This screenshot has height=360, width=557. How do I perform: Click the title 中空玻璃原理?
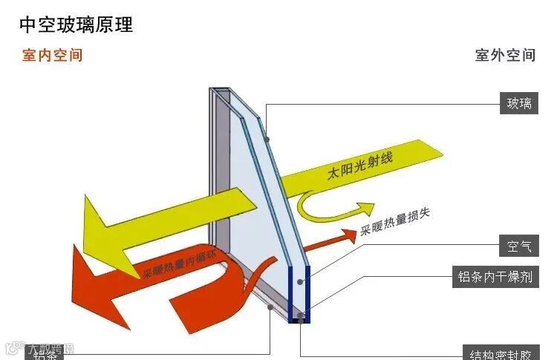76,24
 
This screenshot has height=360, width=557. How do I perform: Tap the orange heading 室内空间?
52,56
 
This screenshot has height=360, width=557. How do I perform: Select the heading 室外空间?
505,56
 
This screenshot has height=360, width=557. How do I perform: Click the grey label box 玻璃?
519,104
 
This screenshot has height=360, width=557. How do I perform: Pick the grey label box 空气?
519,245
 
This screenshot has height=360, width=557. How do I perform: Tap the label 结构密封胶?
499,353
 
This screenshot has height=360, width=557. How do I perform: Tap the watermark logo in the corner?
12,347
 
